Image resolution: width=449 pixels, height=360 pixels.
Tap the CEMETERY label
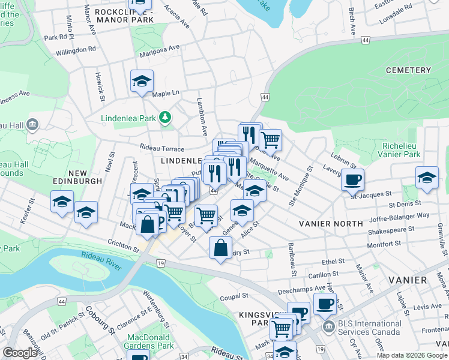tap(409, 70)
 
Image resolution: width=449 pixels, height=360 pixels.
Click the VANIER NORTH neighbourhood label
tap(331, 223)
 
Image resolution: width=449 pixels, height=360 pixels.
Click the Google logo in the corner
tap(19, 353)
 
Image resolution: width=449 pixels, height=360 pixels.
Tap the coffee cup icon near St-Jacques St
tap(352, 178)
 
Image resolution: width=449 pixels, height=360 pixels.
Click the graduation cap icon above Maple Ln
tap(142, 81)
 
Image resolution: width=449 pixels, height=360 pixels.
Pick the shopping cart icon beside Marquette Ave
tap(271, 140)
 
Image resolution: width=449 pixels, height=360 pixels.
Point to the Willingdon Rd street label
tap(76, 50)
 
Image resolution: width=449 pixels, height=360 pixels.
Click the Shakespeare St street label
tap(391, 229)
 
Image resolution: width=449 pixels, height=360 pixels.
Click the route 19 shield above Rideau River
tap(160, 263)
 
